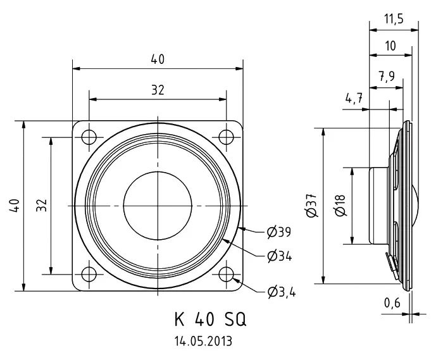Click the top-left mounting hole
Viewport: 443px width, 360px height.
tap(89, 137)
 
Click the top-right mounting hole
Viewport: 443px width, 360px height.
tap(227, 137)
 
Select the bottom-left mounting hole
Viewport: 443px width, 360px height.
tap(89, 274)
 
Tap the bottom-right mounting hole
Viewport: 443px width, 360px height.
tap(227, 274)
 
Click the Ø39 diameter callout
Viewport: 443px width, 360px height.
tap(279, 232)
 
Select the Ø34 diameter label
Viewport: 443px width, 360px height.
tap(280, 256)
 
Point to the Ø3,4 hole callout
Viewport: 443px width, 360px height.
tap(282, 292)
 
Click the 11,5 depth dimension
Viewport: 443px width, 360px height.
tap(394, 19)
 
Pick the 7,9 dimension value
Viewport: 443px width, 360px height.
tap(387, 76)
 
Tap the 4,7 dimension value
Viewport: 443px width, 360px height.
tap(354, 99)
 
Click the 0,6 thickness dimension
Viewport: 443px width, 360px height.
tap(392, 303)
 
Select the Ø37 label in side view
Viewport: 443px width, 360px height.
tap(311, 206)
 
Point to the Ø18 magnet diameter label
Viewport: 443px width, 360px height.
tap(340, 205)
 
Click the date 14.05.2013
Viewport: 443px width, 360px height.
tap(203, 341)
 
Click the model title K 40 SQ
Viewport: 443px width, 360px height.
tap(211, 320)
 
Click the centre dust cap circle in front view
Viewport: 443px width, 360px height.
tap(158, 206)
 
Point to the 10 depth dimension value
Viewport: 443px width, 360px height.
tap(390, 46)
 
